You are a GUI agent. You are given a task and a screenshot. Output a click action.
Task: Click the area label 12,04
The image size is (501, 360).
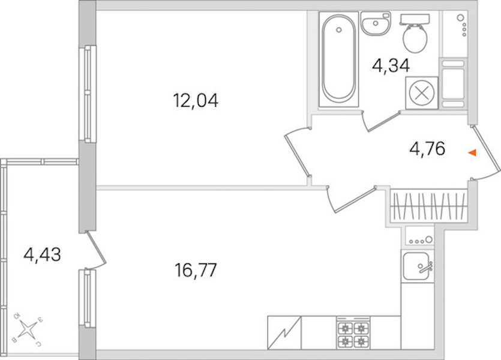point(196,100)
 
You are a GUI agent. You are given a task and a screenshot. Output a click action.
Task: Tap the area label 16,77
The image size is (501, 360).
point(196,270)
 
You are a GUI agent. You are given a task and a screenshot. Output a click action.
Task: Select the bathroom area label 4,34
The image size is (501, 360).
point(391,66)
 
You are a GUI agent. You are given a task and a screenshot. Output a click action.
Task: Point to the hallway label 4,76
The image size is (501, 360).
point(427,149)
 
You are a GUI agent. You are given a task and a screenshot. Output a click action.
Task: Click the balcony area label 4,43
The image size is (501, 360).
point(42,255)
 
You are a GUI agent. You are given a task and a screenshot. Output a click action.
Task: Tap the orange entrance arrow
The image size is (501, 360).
point(472,153)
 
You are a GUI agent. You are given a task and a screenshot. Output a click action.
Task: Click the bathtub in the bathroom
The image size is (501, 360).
point(338,59)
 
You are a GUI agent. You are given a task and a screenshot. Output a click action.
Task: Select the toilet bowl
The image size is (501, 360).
point(415,34)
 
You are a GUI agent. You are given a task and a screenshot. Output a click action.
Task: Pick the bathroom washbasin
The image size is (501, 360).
point(376,23)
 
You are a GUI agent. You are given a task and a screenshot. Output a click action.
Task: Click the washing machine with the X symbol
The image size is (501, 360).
point(421,92)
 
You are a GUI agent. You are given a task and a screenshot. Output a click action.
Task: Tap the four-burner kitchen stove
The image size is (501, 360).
point(353,333)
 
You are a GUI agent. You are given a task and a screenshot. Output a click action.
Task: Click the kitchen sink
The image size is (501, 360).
point(417,266)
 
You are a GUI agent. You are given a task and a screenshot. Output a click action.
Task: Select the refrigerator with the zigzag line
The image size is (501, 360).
point(284,332)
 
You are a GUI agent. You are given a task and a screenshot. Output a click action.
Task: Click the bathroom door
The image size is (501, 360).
point(382,121)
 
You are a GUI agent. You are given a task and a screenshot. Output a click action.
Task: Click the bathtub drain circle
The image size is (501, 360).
point(339,30)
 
